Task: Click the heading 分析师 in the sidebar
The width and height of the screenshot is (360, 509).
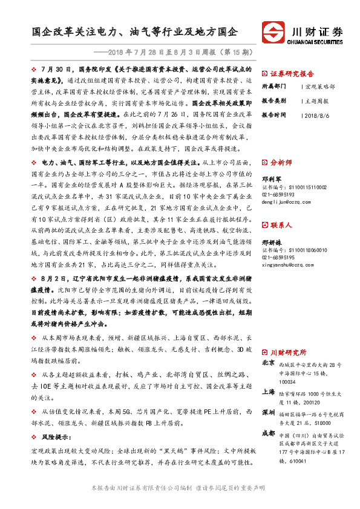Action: point(281,163)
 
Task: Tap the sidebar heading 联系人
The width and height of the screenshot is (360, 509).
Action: point(281,225)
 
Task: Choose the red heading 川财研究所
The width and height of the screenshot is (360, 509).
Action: point(289,352)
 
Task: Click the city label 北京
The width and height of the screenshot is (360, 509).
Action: point(269,364)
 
